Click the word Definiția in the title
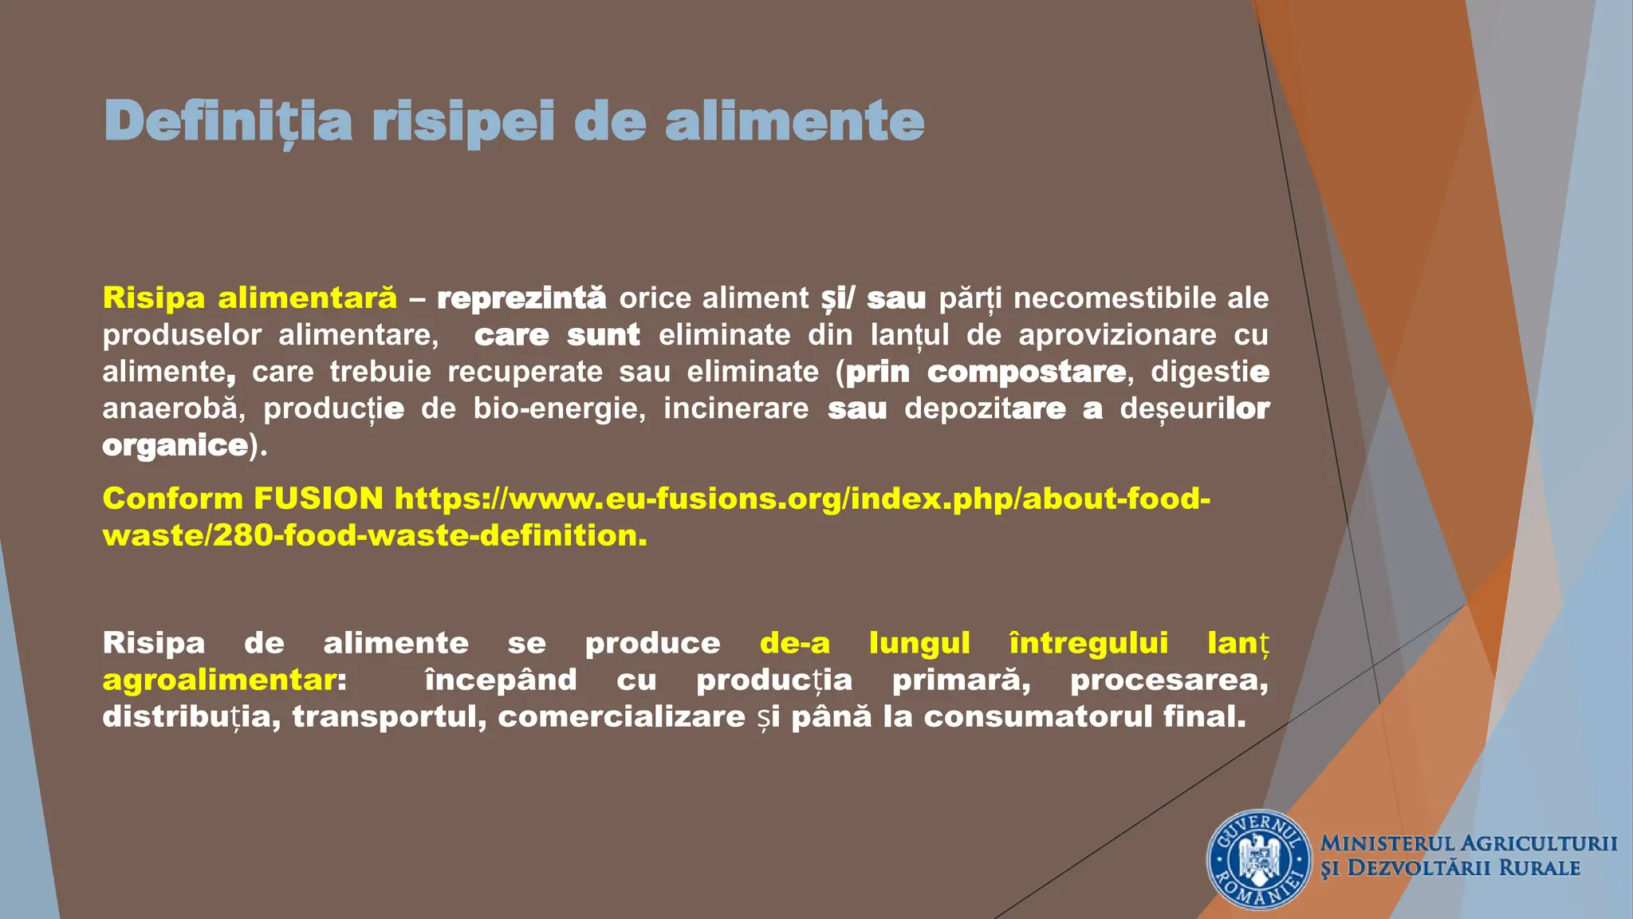point(228,121)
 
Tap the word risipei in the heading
point(462,121)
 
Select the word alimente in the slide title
point(794,121)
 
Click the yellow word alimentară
point(307,298)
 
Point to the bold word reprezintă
point(521,298)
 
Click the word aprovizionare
point(1118,334)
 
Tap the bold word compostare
point(1027,371)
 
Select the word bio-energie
point(558,408)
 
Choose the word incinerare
point(736,408)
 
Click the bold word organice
point(175,444)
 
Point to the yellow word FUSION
point(318,499)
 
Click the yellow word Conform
point(172,499)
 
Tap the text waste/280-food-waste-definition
point(375,535)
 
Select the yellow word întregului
point(1088,643)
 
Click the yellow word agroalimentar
point(219,680)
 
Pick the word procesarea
point(1168,680)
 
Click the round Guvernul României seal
point(1259,860)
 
